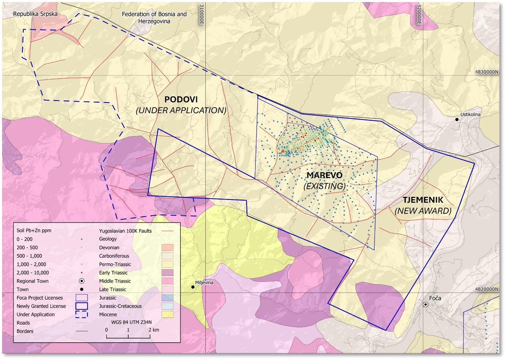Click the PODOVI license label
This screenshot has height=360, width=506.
181,100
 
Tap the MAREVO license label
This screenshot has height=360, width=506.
324,175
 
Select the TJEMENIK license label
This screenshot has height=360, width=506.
423,200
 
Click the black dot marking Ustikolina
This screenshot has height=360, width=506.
457,120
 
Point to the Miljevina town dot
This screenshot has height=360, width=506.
193,287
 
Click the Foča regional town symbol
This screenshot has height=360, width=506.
425,304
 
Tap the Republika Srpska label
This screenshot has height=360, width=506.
35,14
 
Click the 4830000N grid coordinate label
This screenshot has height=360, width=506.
487,72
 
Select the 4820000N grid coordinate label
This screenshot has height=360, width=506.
487,289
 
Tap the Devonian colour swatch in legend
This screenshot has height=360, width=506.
167,248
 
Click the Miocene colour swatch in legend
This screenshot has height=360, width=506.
167,314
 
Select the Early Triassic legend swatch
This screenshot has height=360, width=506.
167,273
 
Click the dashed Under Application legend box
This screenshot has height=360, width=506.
82,314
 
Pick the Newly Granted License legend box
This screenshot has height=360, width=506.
82,306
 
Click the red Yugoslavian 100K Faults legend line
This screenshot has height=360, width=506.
167,231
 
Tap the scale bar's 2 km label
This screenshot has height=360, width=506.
154,330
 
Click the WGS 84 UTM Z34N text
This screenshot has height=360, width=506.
131,322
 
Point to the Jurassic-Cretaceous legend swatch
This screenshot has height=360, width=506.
167,306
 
